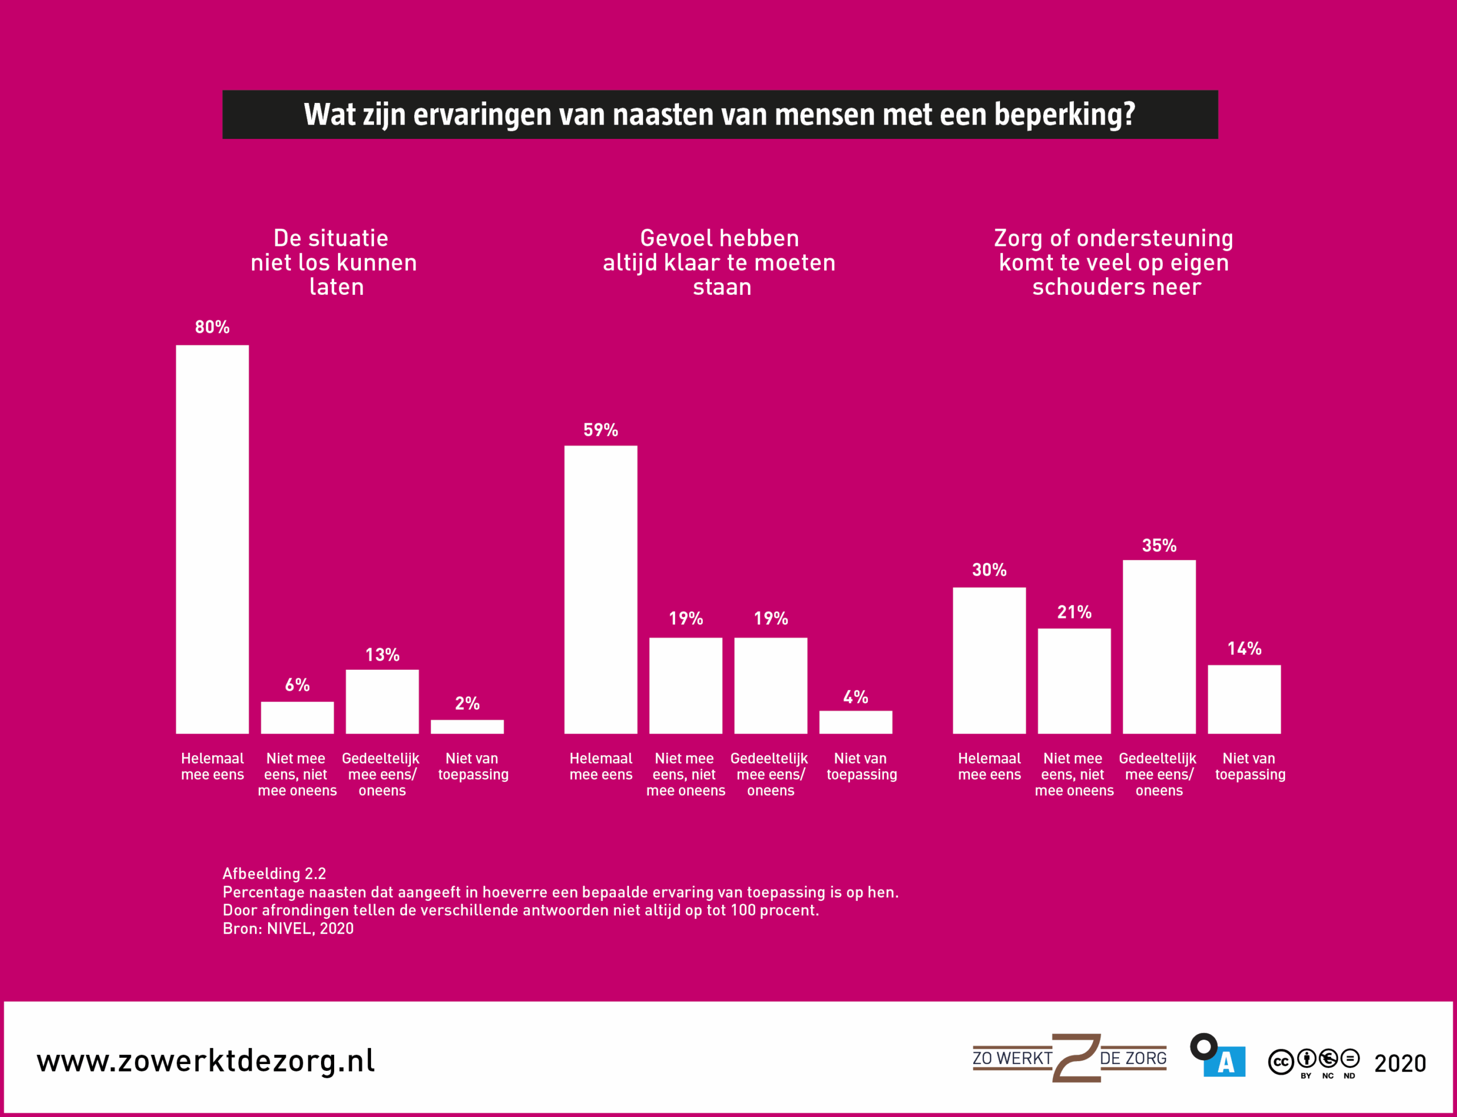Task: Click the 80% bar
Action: [212, 538]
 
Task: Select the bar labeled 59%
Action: [600, 589]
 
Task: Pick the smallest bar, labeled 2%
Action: [467, 727]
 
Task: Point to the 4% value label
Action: [855, 697]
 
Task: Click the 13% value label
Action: [382, 655]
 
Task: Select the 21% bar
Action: [1074, 681]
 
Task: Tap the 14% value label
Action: [1244, 648]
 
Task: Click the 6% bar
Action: [297, 718]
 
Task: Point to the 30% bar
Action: [989, 660]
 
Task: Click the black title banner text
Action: [719, 114]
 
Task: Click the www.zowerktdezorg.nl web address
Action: [205, 1061]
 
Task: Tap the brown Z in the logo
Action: [1076, 1057]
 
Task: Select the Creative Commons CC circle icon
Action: [1280, 1062]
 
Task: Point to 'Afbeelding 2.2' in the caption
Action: [274, 873]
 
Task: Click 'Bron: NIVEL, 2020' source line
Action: [288, 928]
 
